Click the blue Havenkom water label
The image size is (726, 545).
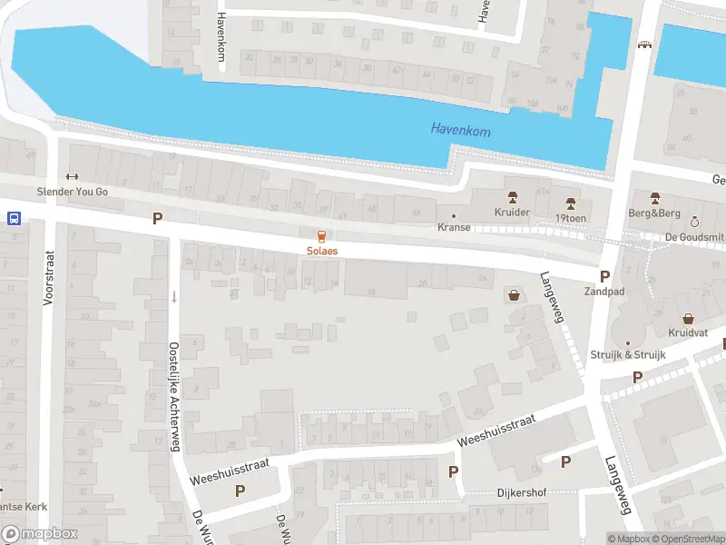tap(460, 132)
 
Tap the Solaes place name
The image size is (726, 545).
tap(322, 250)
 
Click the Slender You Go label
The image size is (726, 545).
tap(72, 192)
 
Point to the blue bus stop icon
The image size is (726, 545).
tap(15, 218)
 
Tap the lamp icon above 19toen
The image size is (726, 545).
tap(571, 202)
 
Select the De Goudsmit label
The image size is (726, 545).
tap(694, 236)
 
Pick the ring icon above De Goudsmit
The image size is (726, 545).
tap(694, 222)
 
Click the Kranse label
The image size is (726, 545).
tap(454, 227)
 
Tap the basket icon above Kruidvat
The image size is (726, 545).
tap(688, 319)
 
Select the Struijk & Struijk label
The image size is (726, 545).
tap(628, 354)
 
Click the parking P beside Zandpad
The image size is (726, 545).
tap(604, 277)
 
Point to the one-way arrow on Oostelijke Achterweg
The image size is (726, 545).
tap(173, 297)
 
